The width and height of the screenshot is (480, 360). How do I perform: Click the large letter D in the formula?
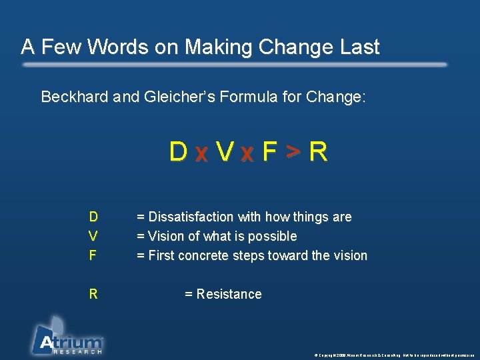178,153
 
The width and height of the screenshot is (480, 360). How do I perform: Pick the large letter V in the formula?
225,153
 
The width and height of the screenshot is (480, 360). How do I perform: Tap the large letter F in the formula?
269,153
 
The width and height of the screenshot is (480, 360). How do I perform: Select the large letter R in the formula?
319,153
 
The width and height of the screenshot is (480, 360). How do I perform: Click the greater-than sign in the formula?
293,153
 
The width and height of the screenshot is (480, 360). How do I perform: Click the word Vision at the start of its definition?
167,236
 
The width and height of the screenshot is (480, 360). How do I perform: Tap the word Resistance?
229,294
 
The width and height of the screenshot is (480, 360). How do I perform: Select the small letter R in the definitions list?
93,294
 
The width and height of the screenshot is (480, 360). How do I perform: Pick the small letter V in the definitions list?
93,236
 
